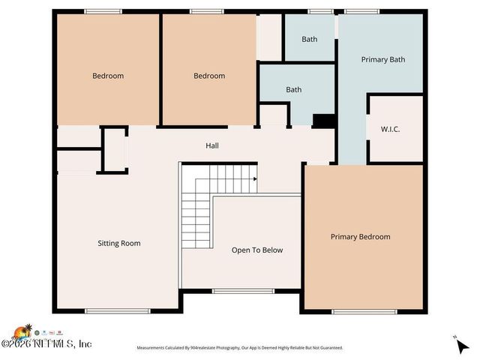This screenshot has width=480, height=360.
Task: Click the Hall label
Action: click(212, 145)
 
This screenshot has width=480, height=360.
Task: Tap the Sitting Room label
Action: click(119, 243)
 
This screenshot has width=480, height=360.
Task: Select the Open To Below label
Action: click(257, 250)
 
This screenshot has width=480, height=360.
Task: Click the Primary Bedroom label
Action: click(361, 236)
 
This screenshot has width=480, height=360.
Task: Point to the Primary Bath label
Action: click(383, 59)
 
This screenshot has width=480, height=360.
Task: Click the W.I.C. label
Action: click(390, 129)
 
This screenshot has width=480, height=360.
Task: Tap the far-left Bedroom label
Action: click(108, 75)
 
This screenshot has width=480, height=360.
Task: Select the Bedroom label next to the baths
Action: click(209, 75)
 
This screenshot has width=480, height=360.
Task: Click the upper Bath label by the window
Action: click(310, 39)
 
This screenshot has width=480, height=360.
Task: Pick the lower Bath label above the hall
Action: click(294, 90)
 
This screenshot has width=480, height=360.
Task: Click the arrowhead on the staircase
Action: click(255, 179)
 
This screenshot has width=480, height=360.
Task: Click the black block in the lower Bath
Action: click(323, 120)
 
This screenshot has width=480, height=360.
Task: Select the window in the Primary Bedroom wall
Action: click(354, 311)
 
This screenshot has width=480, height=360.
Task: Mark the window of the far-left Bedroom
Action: click(103, 11)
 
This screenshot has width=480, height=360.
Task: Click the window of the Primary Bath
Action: click(361, 11)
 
